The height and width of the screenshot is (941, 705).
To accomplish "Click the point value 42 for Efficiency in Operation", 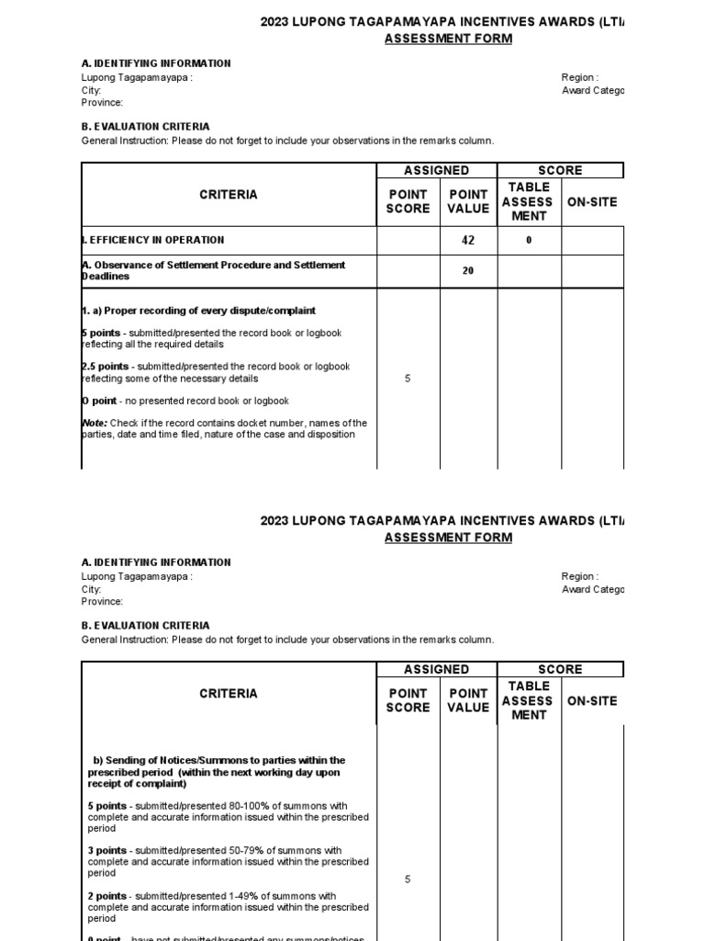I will click(x=467, y=241).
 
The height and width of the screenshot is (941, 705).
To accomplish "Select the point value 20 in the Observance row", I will click(x=467, y=271).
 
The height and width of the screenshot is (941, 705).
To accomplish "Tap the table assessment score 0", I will click(x=529, y=241).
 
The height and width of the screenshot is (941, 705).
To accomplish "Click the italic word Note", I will click(x=95, y=424).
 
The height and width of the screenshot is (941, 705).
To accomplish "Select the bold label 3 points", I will click(x=107, y=851).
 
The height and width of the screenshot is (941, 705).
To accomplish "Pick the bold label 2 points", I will click(x=107, y=896).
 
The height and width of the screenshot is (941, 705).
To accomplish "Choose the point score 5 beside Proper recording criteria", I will click(x=408, y=379).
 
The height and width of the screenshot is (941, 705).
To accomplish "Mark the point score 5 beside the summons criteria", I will click(x=408, y=879).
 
